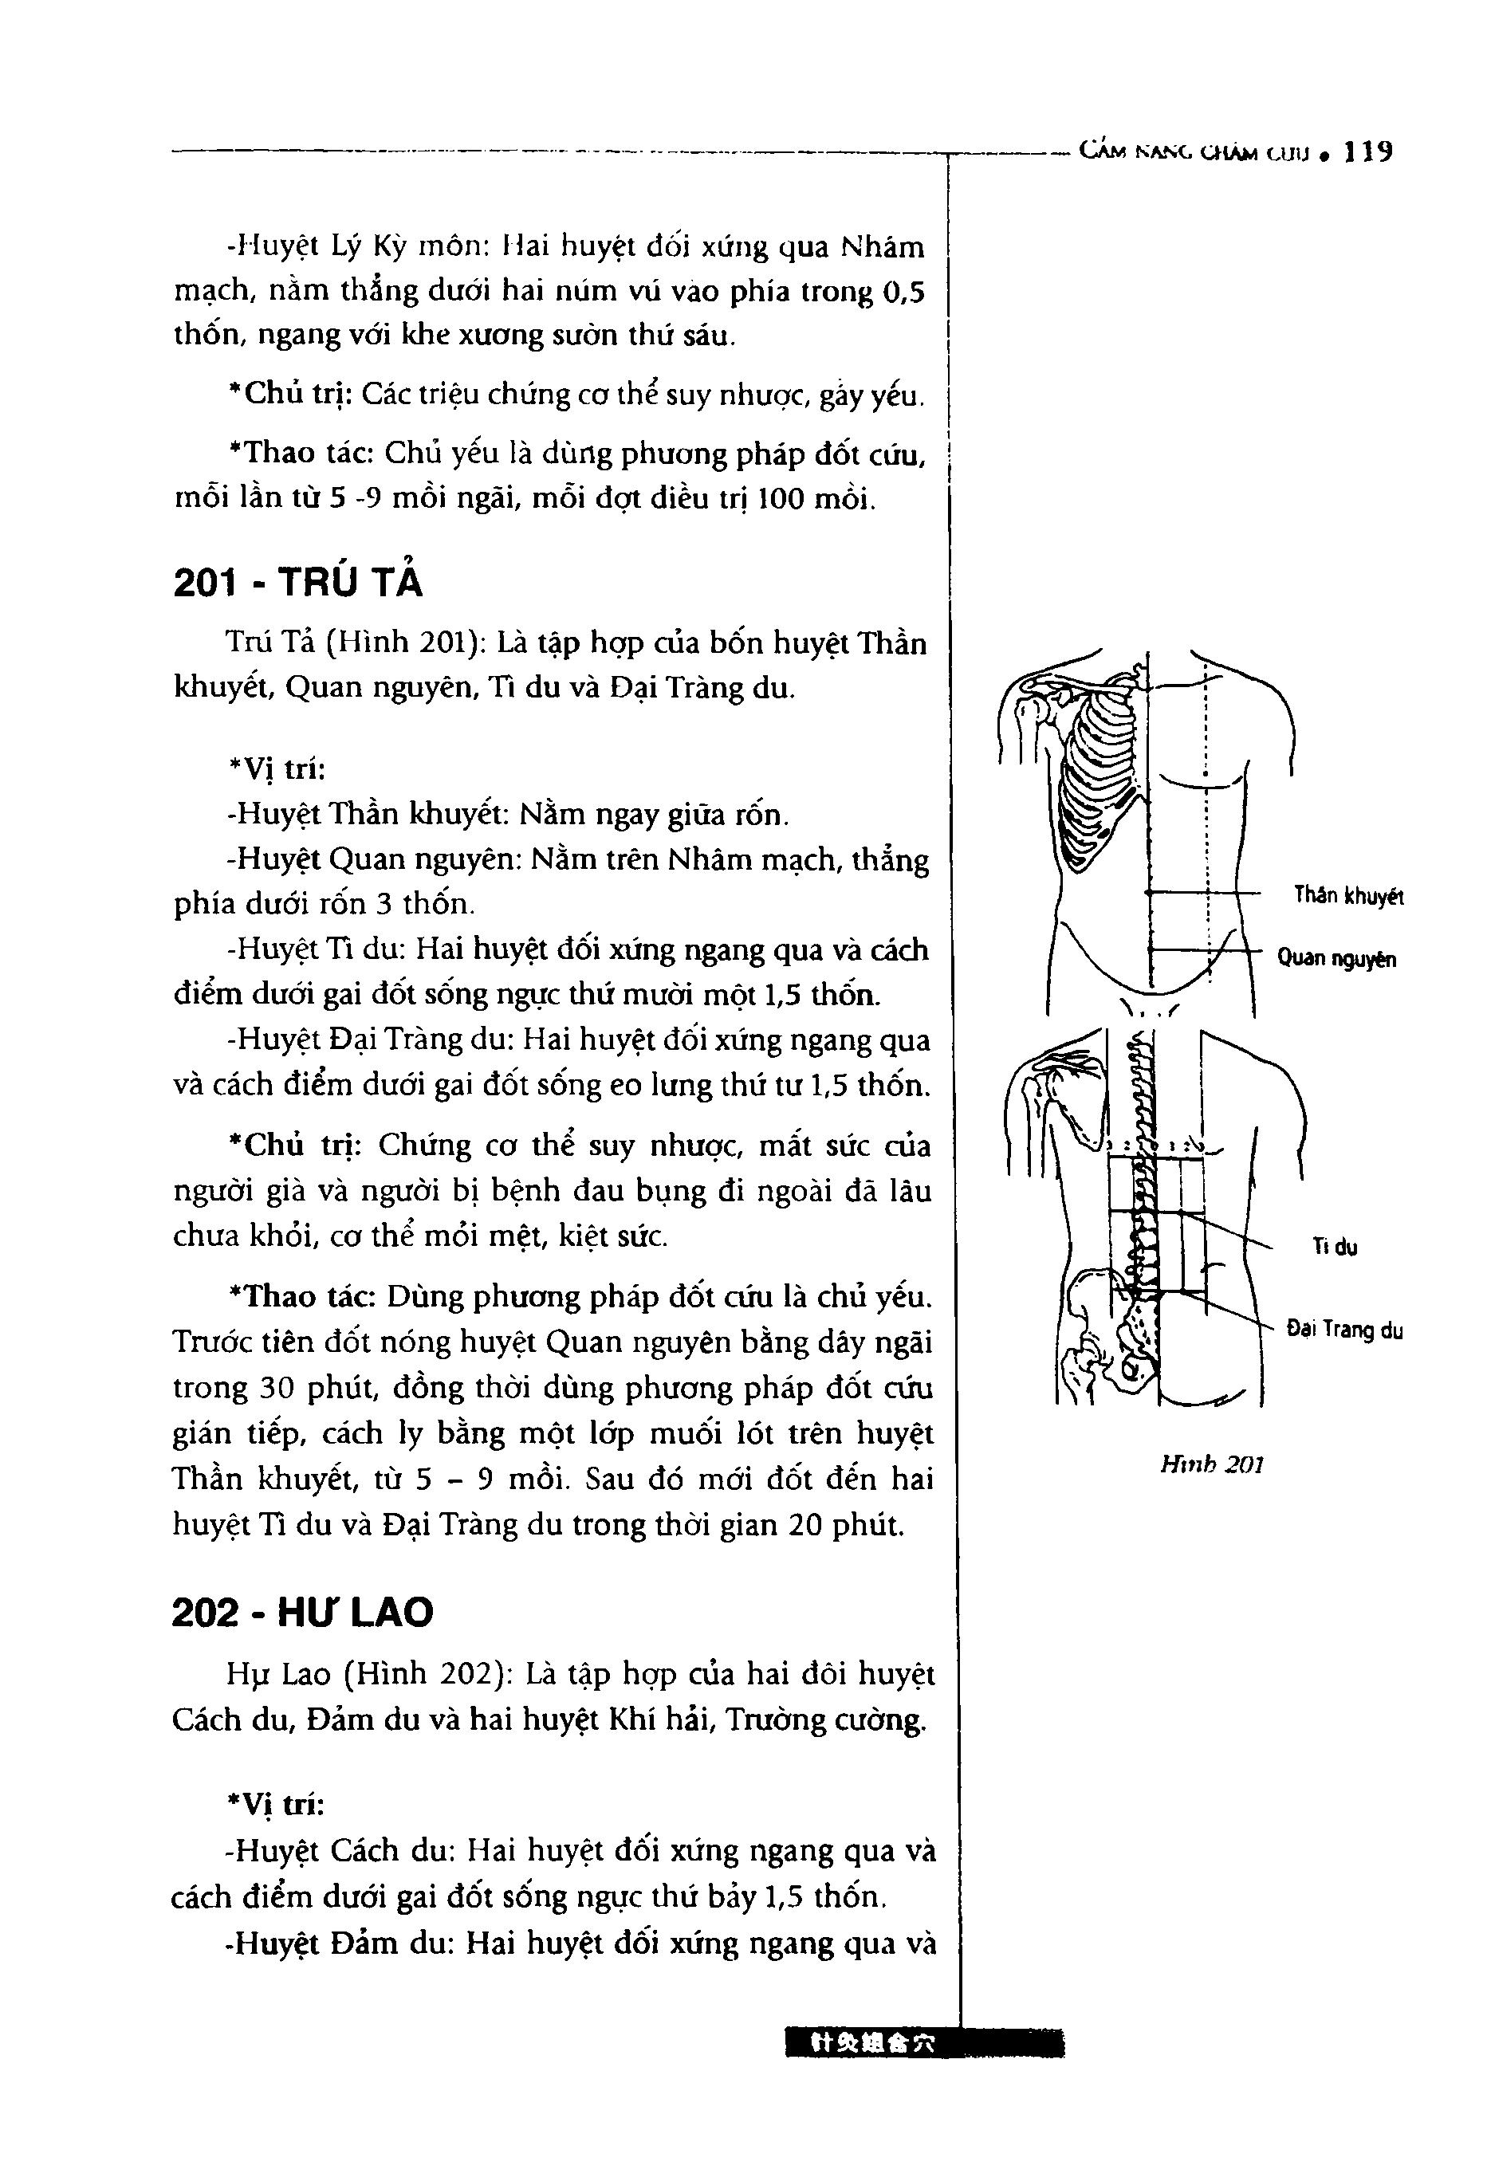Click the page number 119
[1367, 152]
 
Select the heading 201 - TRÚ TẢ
[297, 584]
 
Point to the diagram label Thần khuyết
[1348, 896]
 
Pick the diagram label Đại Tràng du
[1344, 1330]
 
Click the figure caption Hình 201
[1212, 1465]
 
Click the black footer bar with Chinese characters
[925, 2043]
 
